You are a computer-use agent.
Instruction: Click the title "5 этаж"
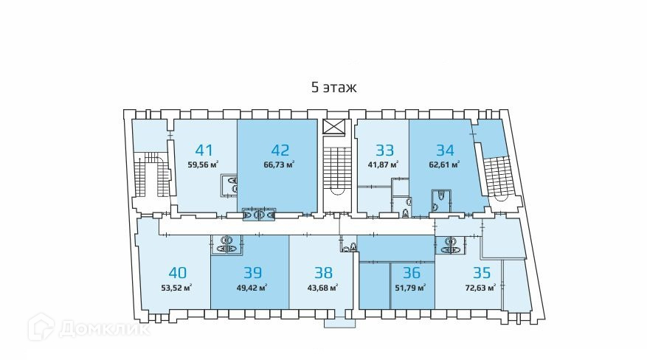click(333, 88)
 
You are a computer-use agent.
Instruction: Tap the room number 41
click(204, 148)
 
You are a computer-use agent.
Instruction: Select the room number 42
click(280, 148)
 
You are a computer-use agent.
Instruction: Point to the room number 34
click(446, 148)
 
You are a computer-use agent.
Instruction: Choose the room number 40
click(177, 271)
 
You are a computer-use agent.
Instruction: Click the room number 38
click(323, 271)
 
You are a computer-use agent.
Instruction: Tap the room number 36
click(410, 271)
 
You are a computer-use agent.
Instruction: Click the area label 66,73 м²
click(280, 165)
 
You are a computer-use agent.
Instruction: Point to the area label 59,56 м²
click(204, 165)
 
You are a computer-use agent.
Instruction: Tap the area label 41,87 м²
click(383, 165)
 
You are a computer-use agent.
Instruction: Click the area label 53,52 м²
click(177, 288)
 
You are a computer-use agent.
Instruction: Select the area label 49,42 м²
click(252, 288)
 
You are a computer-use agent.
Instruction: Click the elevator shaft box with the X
click(334, 126)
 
